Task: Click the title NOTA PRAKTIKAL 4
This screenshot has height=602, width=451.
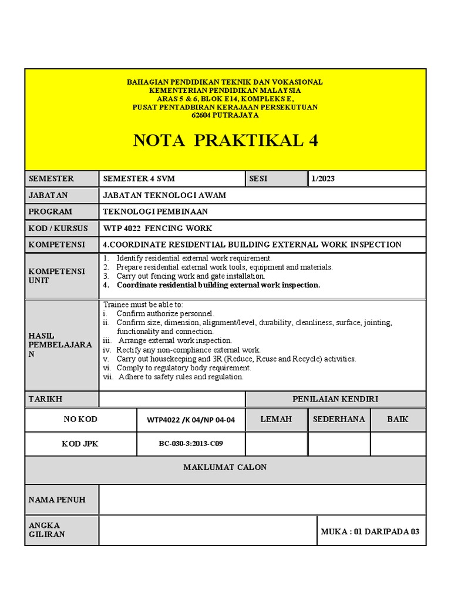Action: pos(225,141)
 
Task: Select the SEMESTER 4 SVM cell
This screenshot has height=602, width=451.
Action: pos(139,179)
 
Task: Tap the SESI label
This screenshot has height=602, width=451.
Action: pos(258,179)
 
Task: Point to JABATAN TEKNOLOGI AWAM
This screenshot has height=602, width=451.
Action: pos(164,195)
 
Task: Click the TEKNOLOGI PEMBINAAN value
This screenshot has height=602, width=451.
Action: pos(156,212)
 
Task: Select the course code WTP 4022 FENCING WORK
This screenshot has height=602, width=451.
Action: pos(158,228)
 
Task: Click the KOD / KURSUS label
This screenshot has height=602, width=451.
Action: pos(58,228)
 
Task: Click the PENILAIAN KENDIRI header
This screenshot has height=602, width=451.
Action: pos(335,399)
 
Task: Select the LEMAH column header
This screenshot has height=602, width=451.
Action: pos(276,419)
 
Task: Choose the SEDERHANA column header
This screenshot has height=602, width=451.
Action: pos(339,419)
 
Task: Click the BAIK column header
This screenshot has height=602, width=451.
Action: pos(398,419)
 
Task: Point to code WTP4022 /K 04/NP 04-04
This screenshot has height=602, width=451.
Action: pos(190,420)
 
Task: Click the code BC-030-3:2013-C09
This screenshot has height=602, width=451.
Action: pos(190,444)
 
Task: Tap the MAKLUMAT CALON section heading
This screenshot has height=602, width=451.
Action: pos(225,467)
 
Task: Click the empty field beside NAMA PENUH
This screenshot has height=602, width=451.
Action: pos(262,500)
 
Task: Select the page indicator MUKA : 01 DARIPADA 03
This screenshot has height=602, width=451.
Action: pos(370,531)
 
